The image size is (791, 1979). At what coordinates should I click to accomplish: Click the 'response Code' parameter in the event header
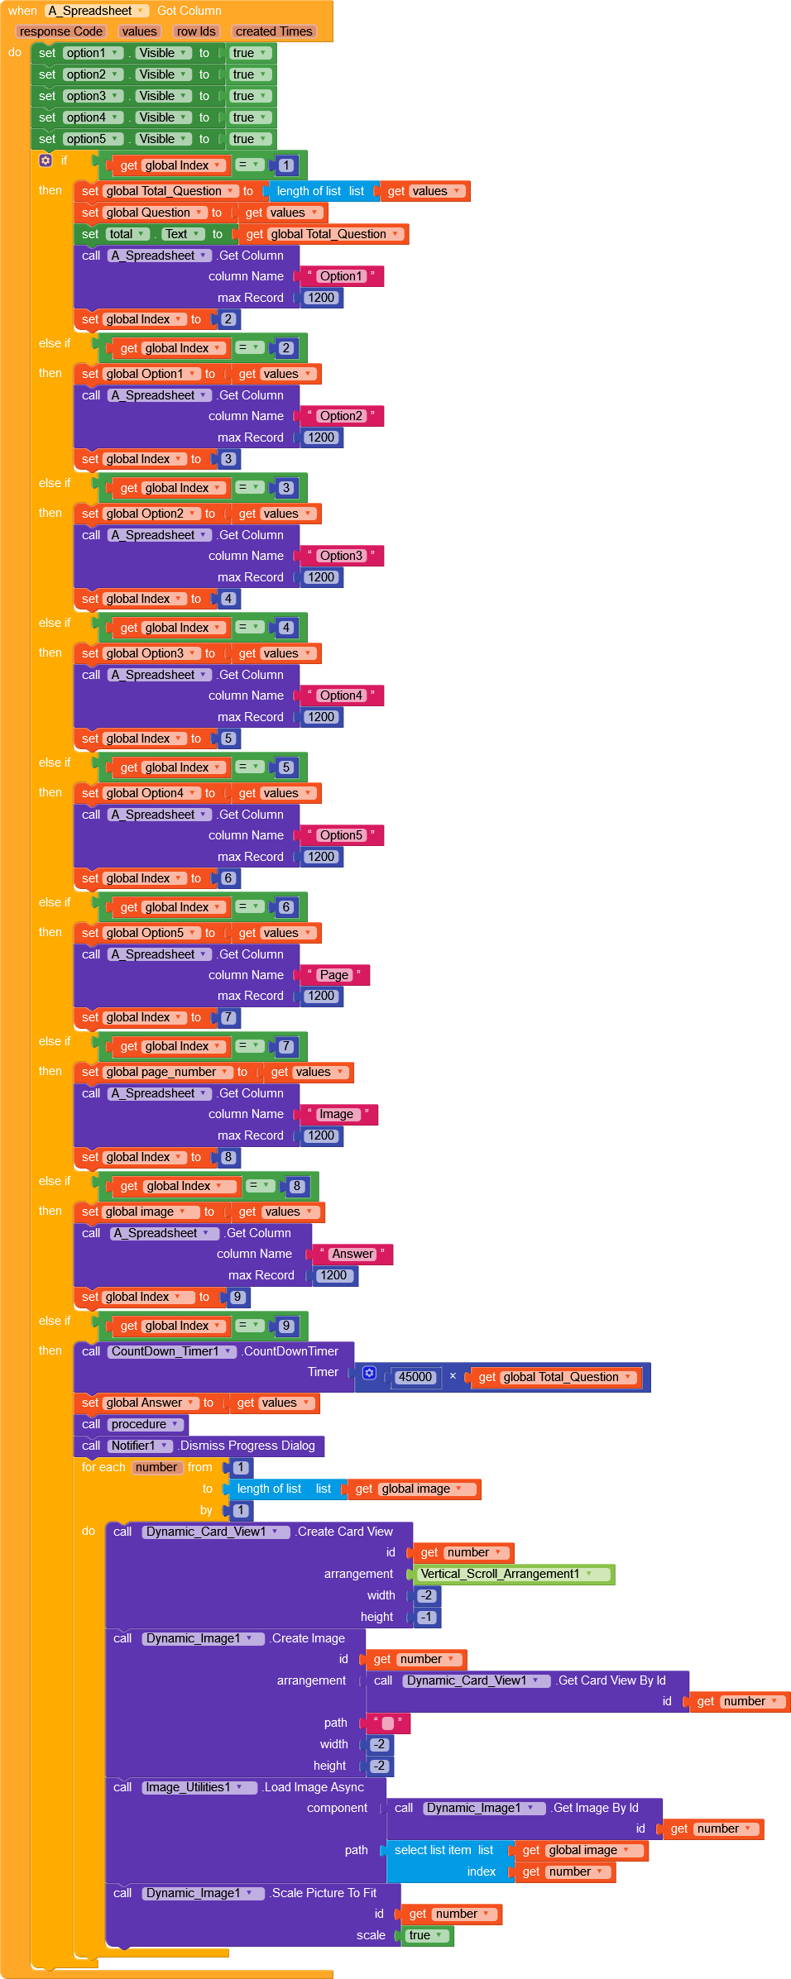tap(61, 31)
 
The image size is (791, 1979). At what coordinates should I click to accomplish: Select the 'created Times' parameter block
tap(273, 31)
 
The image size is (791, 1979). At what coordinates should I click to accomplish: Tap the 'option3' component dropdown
tap(93, 96)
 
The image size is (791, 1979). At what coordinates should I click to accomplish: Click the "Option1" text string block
tap(341, 276)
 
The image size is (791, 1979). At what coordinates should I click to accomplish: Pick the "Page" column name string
tap(334, 975)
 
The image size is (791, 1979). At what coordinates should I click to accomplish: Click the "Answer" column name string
tap(352, 1254)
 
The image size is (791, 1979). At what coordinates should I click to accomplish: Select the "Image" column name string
tap(336, 1114)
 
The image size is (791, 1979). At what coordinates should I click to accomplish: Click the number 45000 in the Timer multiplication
tap(415, 1377)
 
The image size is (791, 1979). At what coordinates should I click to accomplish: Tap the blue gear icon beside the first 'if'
tap(46, 160)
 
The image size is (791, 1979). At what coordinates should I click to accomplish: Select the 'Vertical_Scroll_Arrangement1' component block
tap(506, 1574)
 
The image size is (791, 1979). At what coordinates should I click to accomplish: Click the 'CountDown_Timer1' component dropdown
tap(171, 1351)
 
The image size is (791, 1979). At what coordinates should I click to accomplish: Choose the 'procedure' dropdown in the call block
tap(145, 1424)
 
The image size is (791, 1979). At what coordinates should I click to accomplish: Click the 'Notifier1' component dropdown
tap(140, 1446)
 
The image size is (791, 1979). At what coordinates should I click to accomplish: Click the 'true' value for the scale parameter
tap(425, 1935)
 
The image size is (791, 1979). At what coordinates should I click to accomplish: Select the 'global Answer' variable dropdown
tap(151, 1403)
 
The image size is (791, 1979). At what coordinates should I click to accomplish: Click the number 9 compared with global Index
tap(286, 1326)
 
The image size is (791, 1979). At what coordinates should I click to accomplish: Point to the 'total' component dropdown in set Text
tap(127, 234)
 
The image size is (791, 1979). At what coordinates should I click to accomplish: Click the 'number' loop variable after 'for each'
tap(156, 1467)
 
